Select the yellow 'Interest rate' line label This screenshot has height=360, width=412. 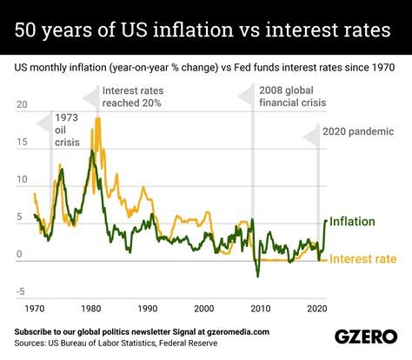(362, 258)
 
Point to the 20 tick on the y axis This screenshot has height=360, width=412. (23, 105)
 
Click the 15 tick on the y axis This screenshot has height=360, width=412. (23, 143)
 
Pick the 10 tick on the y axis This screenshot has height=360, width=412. (23, 181)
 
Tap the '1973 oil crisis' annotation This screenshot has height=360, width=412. (69, 131)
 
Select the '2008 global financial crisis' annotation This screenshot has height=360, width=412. (293, 97)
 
